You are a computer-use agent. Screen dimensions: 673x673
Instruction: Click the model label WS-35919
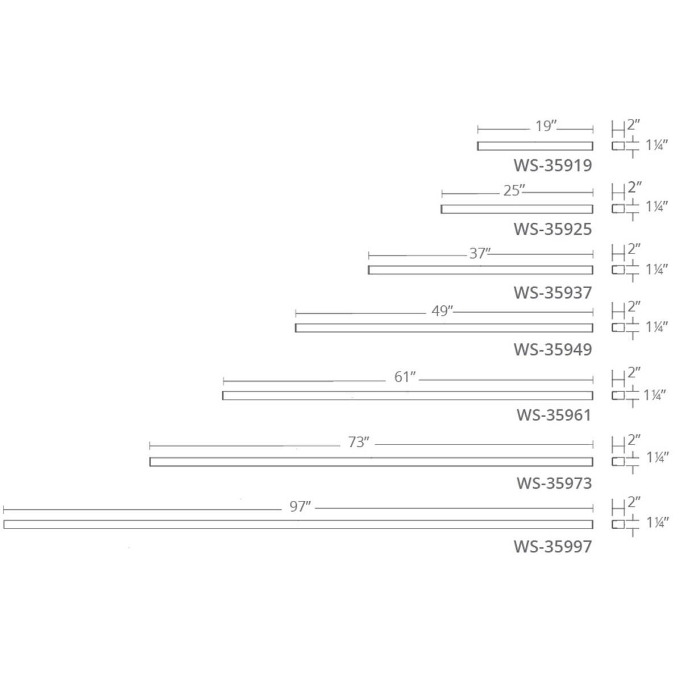(552, 165)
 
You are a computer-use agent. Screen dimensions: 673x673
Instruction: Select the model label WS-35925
(552, 229)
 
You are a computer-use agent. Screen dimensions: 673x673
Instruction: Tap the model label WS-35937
(552, 293)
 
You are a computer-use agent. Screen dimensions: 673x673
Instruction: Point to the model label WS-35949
(552, 349)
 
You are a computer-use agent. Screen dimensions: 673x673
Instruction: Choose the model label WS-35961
(554, 415)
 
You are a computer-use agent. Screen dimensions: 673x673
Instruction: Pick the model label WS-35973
(554, 483)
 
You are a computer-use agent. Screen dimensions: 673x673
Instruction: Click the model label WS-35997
(552, 547)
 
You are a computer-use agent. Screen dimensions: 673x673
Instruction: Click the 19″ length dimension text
(545, 126)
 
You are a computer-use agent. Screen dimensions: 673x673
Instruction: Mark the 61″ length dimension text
(405, 377)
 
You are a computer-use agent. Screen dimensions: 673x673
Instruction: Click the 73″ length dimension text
(359, 442)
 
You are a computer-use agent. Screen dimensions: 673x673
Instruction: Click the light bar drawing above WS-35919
(535, 146)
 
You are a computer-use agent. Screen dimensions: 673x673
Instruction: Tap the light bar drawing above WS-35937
(480, 270)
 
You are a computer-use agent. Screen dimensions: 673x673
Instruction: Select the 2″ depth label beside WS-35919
(634, 124)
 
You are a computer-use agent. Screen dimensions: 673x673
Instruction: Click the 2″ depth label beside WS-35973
(634, 440)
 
